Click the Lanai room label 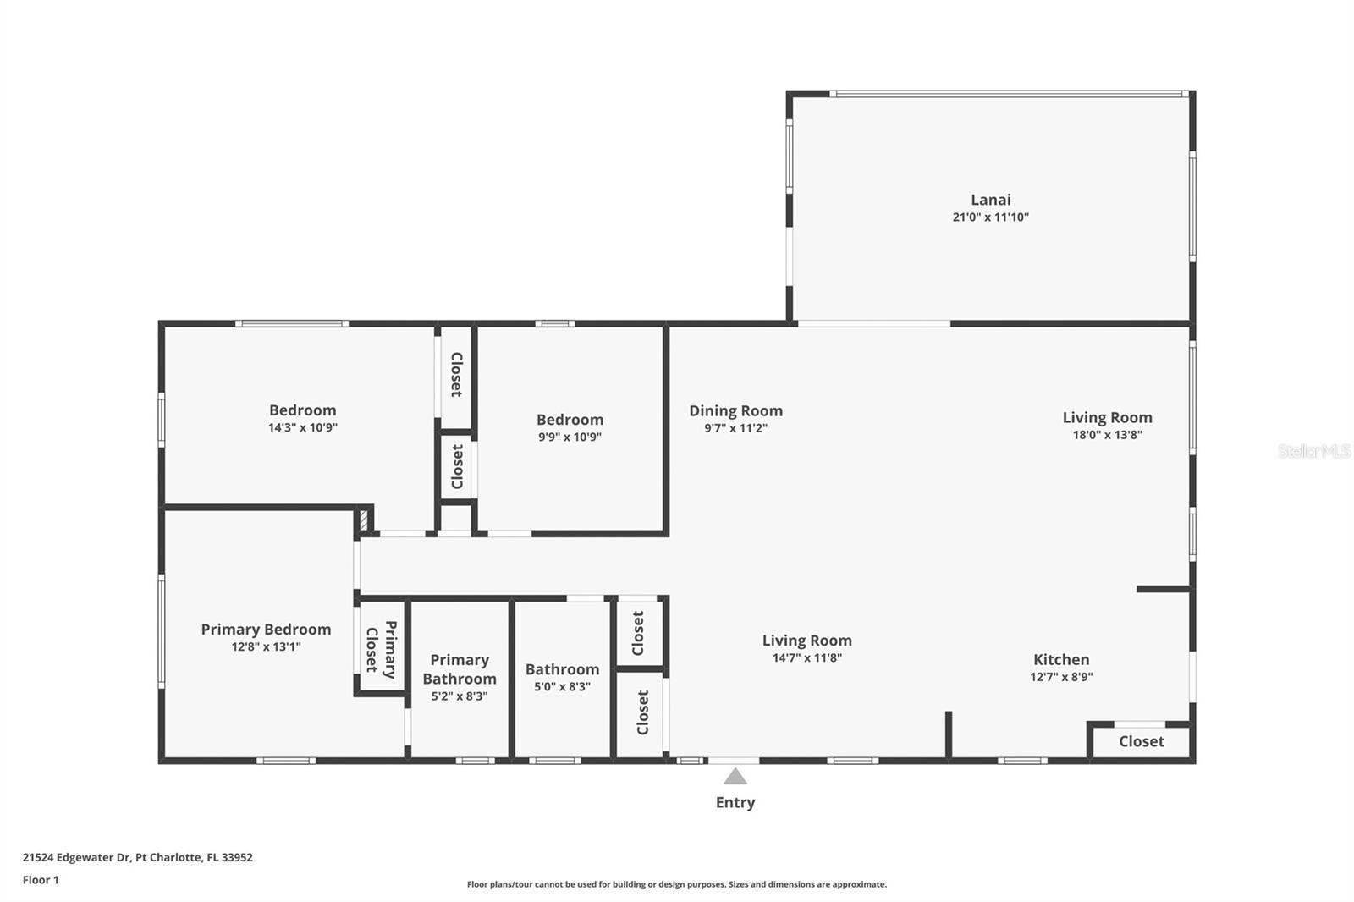[x=990, y=200]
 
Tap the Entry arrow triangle [x=735, y=776]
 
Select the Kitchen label [x=1061, y=659]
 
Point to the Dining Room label [x=735, y=411]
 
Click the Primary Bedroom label [x=266, y=630]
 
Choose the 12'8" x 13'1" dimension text [x=266, y=646]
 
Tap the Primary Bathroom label [x=460, y=669]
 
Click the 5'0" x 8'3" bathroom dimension [x=562, y=687]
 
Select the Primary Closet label [x=382, y=650]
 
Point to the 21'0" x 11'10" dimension [x=990, y=217]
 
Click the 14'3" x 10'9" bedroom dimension [x=302, y=428]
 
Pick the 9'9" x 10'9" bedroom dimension [x=570, y=437]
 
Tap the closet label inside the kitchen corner [x=1141, y=741]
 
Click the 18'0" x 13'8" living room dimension [x=1107, y=435]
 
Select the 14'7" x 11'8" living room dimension [x=807, y=657]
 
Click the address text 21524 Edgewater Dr [x=77, y=857]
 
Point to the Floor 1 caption [x=41, y=880]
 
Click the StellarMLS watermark [x=1313, y=450]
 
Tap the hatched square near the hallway [x=363, y=520]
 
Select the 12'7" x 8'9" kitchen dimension [x=1061, y=677]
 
